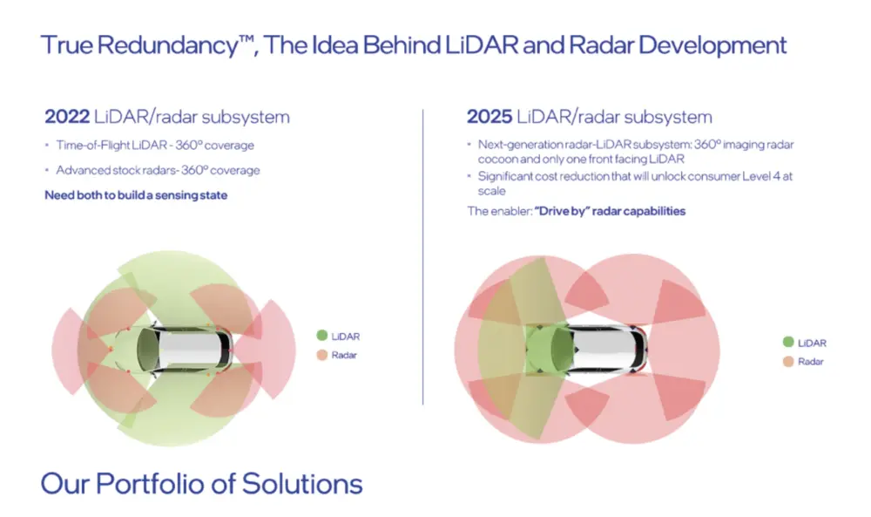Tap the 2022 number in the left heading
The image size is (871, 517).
pos(67,117)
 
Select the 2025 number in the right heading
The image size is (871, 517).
pos(490,117)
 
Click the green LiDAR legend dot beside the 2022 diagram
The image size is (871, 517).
pos(322,335)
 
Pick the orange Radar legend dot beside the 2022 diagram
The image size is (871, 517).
pos(322,355)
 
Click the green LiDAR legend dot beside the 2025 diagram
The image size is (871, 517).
pos(788,342)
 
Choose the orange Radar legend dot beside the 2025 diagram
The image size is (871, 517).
pos(788,361)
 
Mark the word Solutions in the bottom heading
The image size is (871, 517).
pos(302,483)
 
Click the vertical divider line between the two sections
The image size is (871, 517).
pos(422,257)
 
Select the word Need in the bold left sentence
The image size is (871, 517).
pos(56,195)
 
